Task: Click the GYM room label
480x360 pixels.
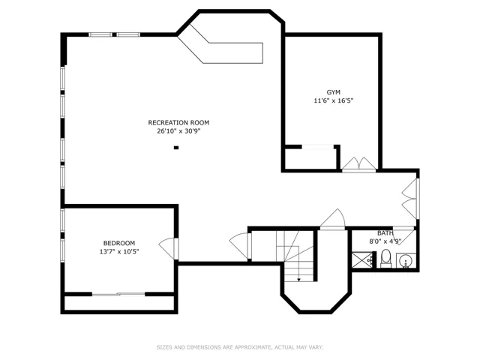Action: click(333, 92)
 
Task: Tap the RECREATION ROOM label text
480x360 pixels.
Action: click(178, 123)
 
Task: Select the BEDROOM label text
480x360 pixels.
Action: click(119, 243)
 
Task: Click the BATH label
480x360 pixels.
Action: click(385, 233)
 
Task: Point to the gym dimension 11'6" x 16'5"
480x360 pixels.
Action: click(334, 100)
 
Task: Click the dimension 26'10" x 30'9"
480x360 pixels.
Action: click(178, 131)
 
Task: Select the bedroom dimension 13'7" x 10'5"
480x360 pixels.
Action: click(119, 252)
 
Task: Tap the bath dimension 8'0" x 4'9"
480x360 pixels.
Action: click(385, 241)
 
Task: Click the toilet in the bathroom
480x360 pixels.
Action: click(385, 259)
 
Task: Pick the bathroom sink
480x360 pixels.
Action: click(406, 261)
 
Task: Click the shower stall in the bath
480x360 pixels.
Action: click(361, 260)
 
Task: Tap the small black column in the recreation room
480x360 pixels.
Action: click(176, 148)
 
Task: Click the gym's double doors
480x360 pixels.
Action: click(358, 164)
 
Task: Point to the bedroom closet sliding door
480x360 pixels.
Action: click(118, 294)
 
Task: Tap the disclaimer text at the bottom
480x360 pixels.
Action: click(240, 347)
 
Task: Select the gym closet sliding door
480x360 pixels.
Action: click(318, 147)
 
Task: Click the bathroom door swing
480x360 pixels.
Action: click(405, 235)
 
